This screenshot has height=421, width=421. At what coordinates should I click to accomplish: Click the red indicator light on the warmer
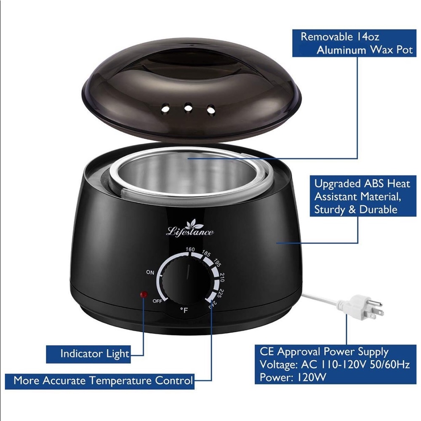(x=144, y=294)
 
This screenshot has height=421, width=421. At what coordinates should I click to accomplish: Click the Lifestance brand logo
(x=190, y=228)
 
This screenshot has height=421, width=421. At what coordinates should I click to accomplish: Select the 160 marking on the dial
(x=190, y=249)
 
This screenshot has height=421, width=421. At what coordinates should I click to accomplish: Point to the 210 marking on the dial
(x=222, y=277)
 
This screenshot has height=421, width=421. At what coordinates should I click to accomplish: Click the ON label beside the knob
(x=150, y=272)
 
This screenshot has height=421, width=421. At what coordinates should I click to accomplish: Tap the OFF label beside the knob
(x=157, y=301)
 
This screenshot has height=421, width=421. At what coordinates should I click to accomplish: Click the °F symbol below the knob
(x=184, y=310)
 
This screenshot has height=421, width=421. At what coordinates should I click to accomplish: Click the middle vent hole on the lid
(x=188, y=107)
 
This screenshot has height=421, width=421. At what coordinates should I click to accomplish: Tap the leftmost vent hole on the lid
(x=165, y=109)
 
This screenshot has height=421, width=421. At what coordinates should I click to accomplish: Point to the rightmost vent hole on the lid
(x=211, y=109)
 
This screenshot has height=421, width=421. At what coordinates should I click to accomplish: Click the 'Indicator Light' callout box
(x=88, y=354)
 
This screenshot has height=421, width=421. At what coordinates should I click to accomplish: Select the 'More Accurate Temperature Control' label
(x=103, y=381)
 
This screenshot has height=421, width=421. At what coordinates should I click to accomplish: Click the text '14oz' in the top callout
(x=368, y=37)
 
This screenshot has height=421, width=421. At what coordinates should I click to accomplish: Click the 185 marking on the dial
(x=206, y=253)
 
